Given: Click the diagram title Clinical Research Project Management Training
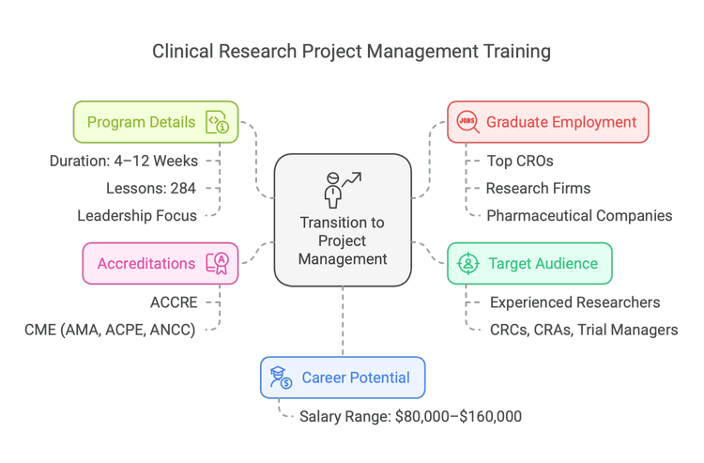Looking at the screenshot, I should (352, 51).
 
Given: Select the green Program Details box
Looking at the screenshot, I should (156, 122).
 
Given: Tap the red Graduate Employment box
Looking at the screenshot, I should (547, 122).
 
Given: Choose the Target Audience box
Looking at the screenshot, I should (529, 263).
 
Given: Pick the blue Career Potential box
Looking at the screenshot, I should (343, 378).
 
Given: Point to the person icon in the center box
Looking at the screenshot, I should (332, 189).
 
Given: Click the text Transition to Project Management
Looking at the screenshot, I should (343, 239).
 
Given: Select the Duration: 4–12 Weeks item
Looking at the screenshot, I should (123, 161).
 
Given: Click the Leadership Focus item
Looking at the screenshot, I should (137, 216).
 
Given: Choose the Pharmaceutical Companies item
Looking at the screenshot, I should (579, 216).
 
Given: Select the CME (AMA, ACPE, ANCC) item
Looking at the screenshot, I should (110, 330).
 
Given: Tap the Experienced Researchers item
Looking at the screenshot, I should (574, 302).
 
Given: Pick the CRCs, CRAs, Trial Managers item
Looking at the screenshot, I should (584, 330).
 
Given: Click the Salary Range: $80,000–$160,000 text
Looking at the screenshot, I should (410, 416).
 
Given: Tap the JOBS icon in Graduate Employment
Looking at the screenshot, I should (467, 122).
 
